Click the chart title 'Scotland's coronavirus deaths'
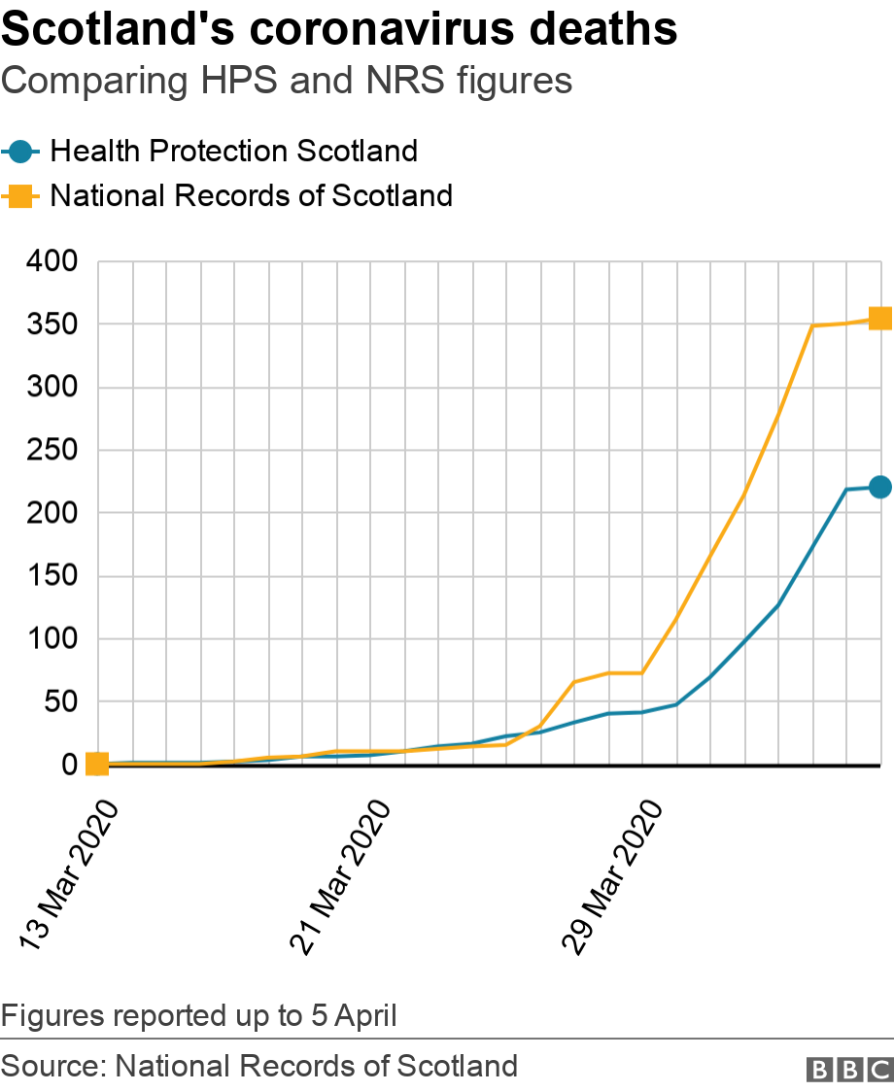[339, 31]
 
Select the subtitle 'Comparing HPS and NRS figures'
[287, 81]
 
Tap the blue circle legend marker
[20, 152]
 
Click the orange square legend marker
[20, 196]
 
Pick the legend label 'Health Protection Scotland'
[233, 152]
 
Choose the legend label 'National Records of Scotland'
[251, 196]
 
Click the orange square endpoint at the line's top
[880, 319]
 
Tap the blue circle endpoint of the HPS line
[880, 487]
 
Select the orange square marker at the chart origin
[97, 765]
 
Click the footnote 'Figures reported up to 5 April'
[199, 1016]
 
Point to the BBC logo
[849, 1069]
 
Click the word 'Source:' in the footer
[53, 1066]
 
